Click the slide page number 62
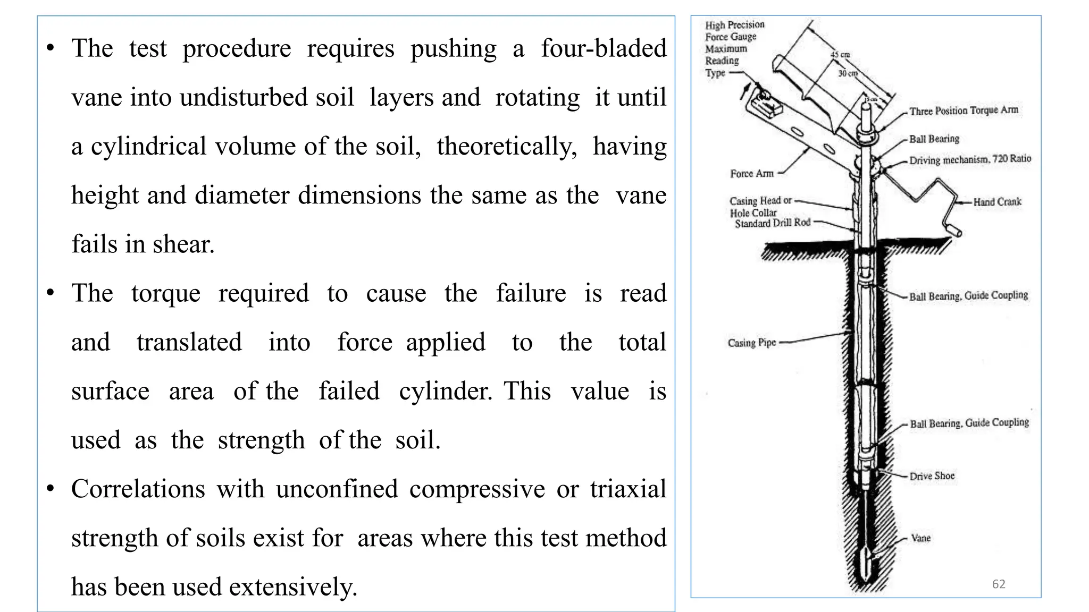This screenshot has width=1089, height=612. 999,584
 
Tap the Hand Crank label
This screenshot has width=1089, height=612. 997,202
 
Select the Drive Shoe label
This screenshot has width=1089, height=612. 932,476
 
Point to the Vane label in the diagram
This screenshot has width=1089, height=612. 920,538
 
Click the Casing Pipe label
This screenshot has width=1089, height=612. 752,343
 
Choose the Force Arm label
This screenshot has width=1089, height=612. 751,174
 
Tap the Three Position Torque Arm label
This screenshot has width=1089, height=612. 964,110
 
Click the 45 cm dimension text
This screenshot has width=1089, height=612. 840,55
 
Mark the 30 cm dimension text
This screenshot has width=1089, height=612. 848,73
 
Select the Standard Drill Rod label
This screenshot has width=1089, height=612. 772,224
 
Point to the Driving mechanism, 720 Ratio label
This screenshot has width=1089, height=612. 970,159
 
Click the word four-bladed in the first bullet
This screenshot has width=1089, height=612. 604,48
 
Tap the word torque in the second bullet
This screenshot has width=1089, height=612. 166,294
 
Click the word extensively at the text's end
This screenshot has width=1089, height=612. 293,587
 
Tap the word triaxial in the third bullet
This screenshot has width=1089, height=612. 628,489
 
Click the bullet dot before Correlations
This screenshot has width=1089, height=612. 51,489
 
